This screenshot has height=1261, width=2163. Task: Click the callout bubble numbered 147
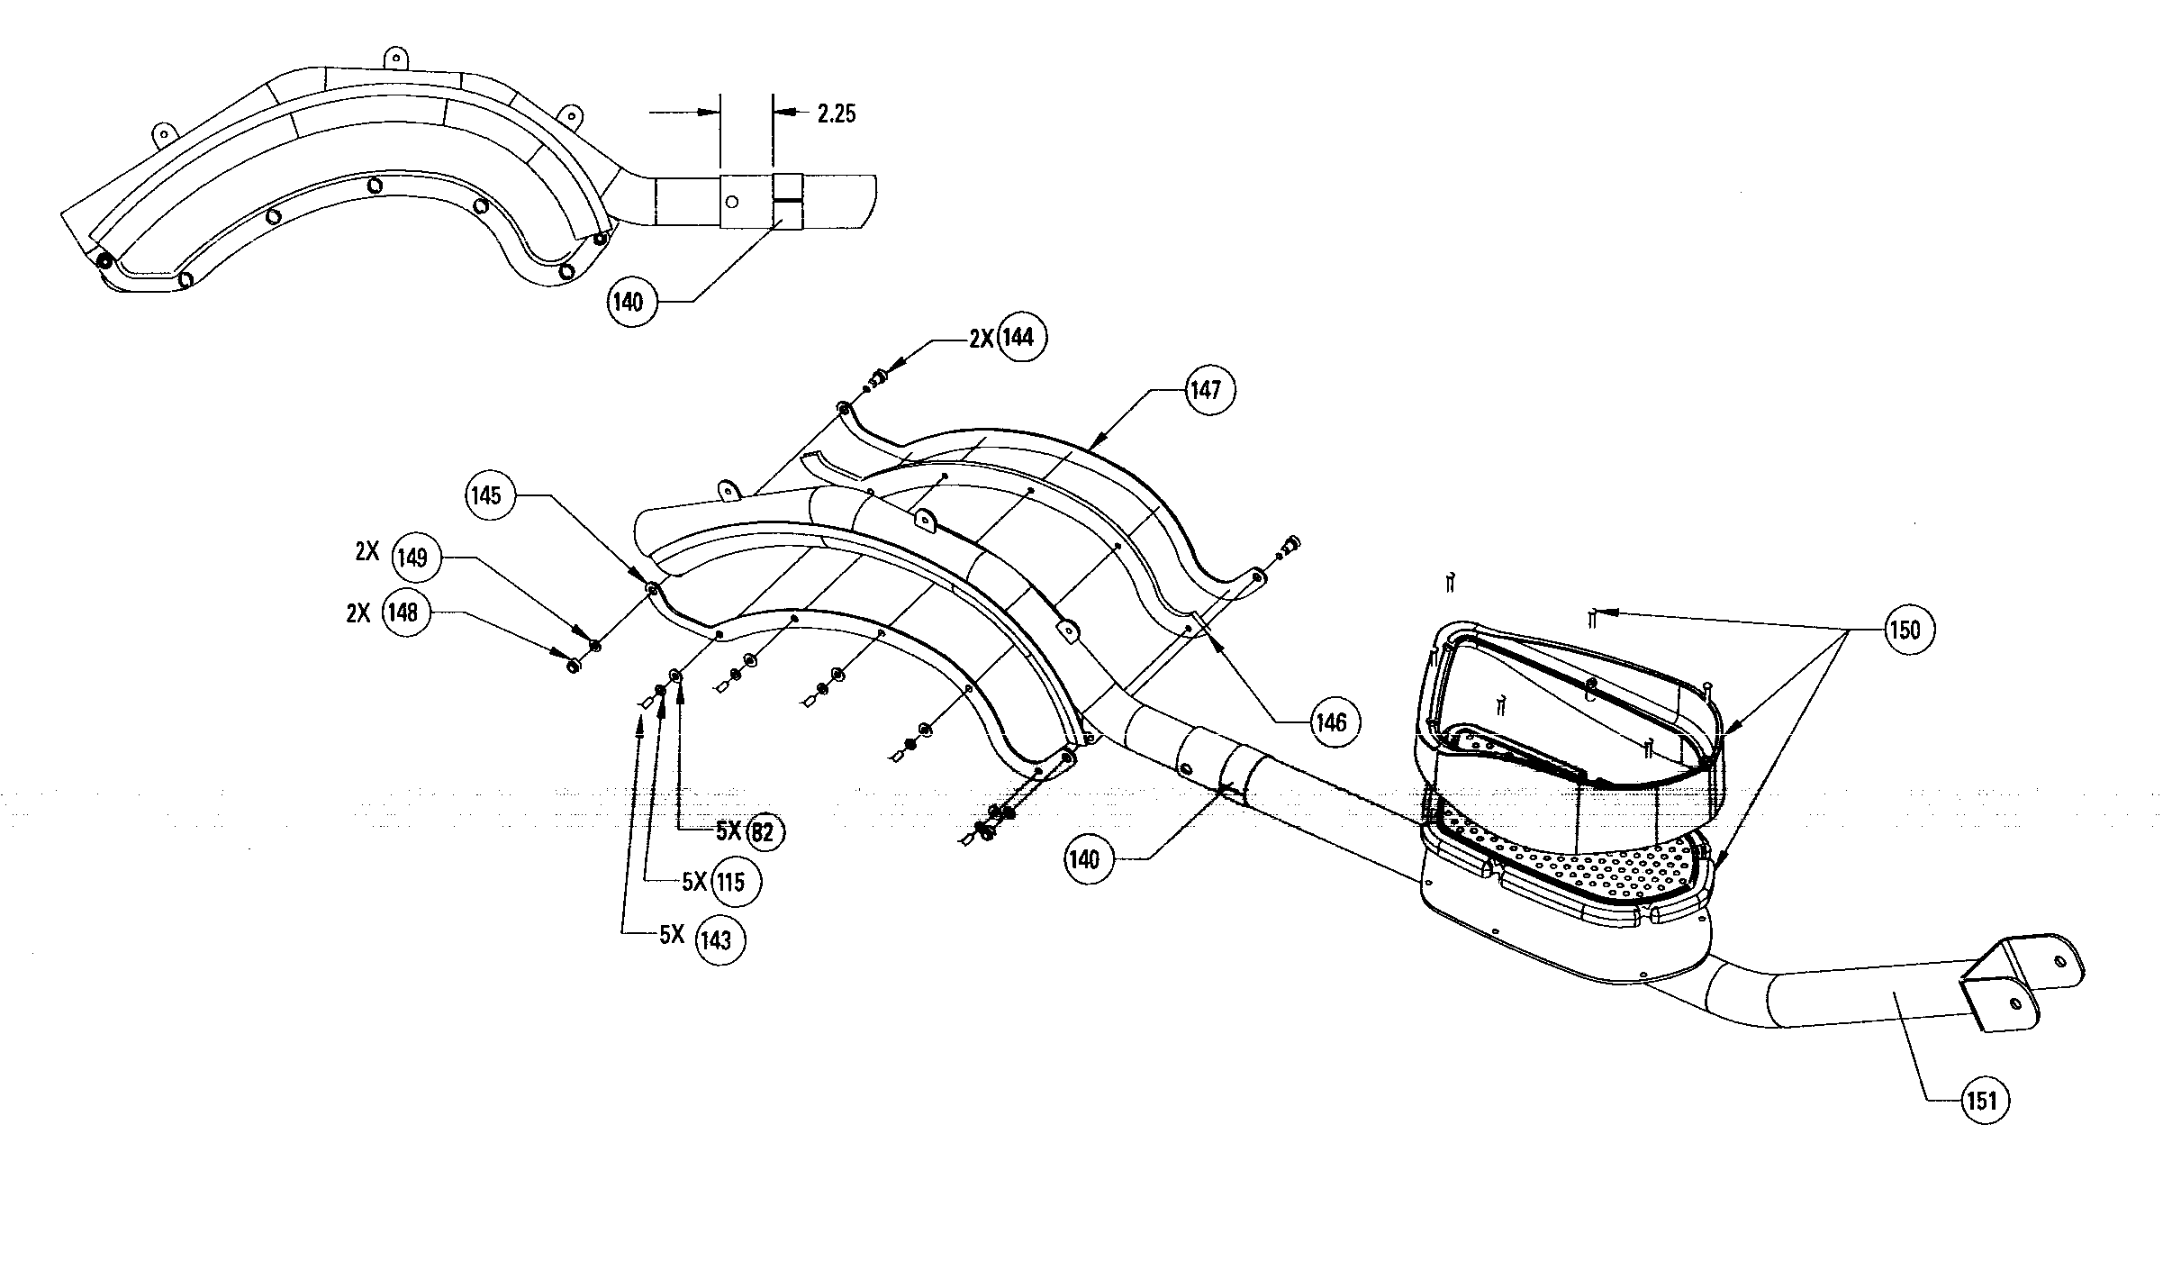(1206, 390)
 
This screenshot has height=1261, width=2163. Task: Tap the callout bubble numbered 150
(1905, 630)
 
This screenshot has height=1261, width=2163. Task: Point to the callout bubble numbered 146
(1330, 721)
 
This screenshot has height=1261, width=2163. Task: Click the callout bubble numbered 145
(486, 495)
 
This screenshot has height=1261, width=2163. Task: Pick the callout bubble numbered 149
(412, 558)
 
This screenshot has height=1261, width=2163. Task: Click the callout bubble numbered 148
(403, 612)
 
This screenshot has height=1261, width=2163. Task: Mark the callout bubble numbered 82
(762, 832)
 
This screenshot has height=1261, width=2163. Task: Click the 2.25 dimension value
(836, 113)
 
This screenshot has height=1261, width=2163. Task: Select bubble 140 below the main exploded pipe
(1085, 859)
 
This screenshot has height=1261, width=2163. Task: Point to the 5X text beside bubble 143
(672, 935)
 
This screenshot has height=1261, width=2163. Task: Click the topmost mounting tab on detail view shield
(395, 57)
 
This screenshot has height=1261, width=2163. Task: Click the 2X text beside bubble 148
(358, 613)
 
